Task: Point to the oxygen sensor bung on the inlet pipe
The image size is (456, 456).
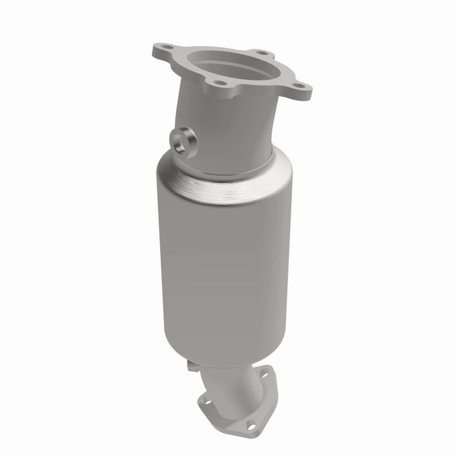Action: click(x=184, y=139)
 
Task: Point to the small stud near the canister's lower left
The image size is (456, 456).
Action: click(x=191, y=365)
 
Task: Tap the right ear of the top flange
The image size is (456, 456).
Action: click(x=303, y=91)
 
